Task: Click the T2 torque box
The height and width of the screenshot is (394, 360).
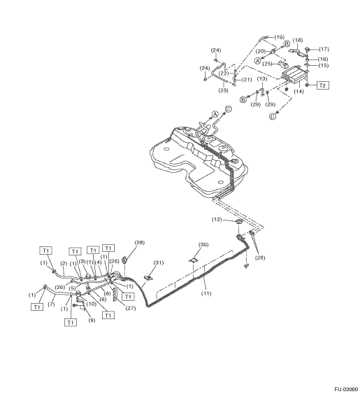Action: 322,85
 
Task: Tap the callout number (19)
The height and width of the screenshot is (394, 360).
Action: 279,37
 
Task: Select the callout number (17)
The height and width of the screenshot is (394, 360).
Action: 324,49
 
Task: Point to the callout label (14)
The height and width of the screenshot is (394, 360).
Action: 298,92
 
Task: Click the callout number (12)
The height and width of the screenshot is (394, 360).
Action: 217,219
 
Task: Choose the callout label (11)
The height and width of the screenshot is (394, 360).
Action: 206,293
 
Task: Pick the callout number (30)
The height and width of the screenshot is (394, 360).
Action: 203,244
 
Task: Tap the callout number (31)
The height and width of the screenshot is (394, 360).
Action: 159,262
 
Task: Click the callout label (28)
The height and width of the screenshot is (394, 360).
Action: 140,242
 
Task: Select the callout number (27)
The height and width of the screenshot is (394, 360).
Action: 131,308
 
